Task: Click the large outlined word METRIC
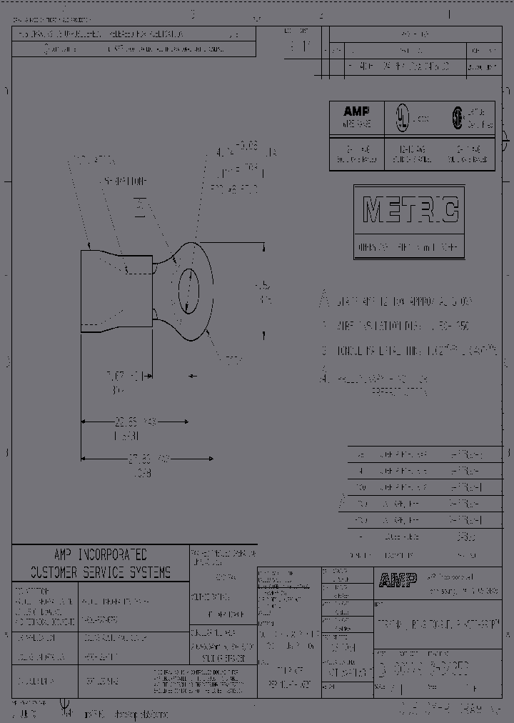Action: tap(410, 210)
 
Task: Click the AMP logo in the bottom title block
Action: tap(397, 581)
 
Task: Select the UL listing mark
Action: tap(403, 117)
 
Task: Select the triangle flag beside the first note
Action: tap(324, 300)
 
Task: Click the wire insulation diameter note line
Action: tap(397, 326)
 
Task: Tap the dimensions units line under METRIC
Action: tap(408, 249)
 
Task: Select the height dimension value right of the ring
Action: tap(265, 293)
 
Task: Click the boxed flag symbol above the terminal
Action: tap(141, 207)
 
